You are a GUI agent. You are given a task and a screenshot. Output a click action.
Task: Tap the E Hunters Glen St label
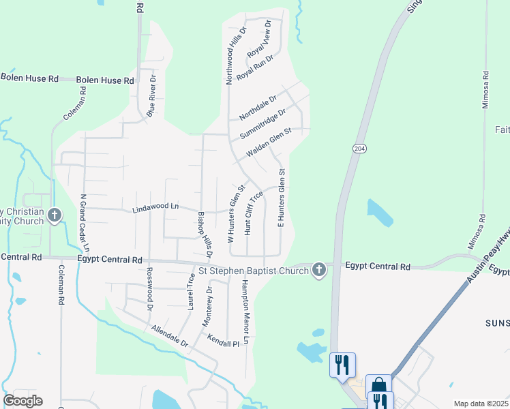point(280,198)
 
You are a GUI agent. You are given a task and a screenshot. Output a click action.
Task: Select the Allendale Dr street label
point(170,337)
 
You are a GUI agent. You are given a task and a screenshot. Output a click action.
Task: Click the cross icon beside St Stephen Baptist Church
point(318,271)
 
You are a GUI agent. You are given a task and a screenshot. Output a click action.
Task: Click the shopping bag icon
point(378,386)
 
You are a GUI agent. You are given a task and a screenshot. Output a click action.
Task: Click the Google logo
point(22,401)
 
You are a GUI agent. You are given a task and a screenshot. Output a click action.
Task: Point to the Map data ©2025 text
point(480,404)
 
